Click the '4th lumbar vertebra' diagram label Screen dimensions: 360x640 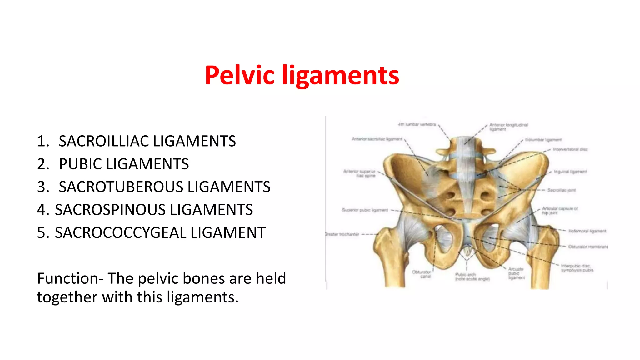417,124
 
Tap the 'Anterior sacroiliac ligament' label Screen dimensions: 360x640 377,139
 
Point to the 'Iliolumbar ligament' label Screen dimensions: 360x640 543,140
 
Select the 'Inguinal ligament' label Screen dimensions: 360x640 570,172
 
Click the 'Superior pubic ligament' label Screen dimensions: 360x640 365,210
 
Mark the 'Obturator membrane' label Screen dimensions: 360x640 588,247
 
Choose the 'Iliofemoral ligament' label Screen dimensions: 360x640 587,231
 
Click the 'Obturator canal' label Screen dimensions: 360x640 422,274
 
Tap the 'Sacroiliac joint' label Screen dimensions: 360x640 561,190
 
